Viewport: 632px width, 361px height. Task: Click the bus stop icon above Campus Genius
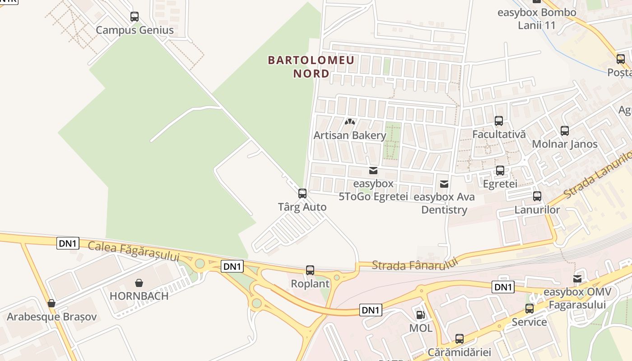[135, 17]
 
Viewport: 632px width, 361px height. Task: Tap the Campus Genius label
[135, 30]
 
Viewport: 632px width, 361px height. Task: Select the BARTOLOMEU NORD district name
[311, 66]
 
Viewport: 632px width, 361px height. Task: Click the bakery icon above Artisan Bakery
[350, 122]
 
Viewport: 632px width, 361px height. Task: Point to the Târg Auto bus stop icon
[302, 194]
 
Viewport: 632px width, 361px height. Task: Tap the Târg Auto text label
[302, 207]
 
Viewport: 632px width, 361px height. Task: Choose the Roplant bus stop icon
[310, 270]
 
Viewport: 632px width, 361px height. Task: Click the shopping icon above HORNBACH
[139, 283]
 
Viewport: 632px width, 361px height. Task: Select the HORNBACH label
[139, 296]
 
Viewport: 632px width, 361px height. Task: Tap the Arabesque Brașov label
[51, 317]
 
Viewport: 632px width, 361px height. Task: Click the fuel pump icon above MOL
[420, 315]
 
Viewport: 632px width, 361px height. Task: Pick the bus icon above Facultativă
[499, 121]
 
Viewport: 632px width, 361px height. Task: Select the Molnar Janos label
[565, 144]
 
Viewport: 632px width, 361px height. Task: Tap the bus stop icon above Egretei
[500, 171]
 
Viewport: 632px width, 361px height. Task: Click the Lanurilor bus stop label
[537, 210]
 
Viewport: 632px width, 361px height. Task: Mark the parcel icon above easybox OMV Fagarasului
[577, 279]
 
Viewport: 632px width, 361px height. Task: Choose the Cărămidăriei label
[459, 352]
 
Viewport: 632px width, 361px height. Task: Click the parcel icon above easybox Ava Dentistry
[444, 184]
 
